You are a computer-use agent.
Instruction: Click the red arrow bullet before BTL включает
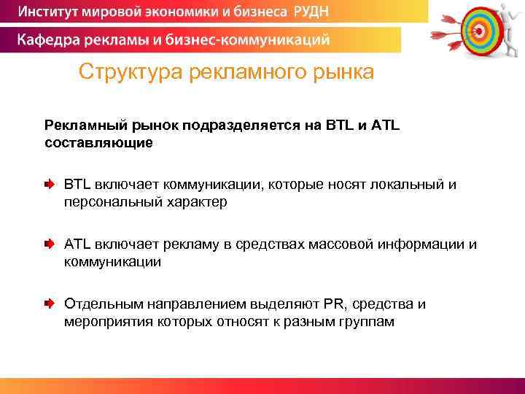click(48, 185)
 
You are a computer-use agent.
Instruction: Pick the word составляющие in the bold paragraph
click(98, 142)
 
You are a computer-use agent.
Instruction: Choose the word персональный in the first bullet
click(106, 202)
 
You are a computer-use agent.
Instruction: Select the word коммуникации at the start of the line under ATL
click(112, 261)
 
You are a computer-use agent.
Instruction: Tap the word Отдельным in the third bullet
click(104, 304)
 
